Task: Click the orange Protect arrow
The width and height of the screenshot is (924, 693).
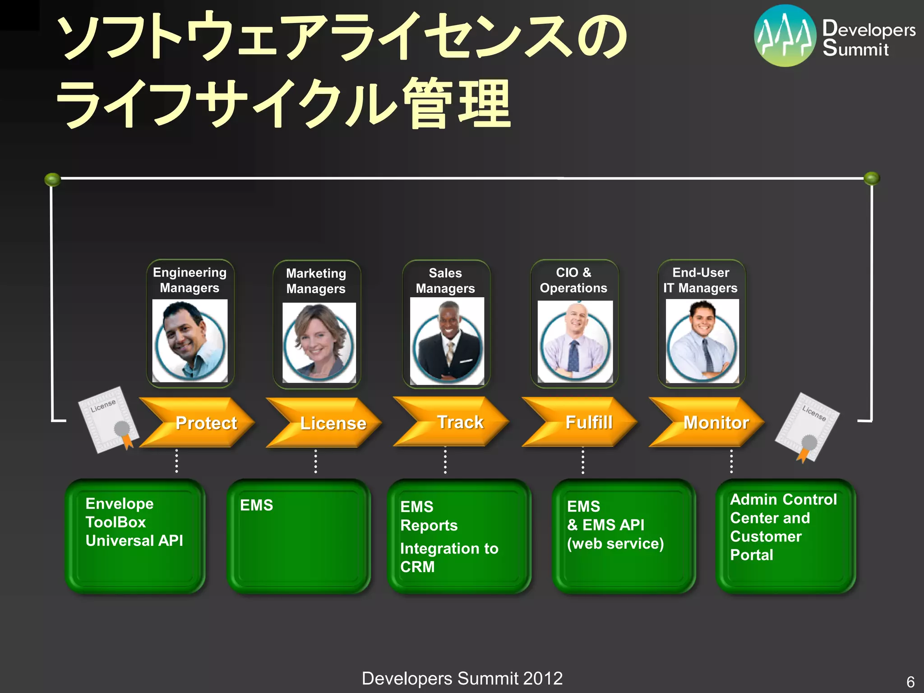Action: click(199, 423)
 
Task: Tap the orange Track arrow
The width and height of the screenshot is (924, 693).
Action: click(453, 422)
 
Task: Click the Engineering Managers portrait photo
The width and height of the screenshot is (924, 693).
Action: click(190, 341)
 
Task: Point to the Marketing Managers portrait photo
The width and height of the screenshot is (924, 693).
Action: click(319, 342)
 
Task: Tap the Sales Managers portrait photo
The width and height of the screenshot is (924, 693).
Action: click(447, 341)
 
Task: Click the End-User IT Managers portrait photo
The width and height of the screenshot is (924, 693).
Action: click(702, 341)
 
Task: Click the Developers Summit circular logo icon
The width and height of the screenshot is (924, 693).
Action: click(785, 36)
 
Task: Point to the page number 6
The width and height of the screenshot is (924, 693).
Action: click(910, 681)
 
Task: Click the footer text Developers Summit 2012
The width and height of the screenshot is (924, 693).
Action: click(462, 679)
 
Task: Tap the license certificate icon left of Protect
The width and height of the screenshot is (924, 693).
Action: click(108, 420)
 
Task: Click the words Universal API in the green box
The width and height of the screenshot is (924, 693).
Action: click(134, 541)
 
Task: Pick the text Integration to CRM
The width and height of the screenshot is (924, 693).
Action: click(449, 558)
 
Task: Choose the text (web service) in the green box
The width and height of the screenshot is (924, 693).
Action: click(615, 544)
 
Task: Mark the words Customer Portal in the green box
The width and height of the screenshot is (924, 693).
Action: click(766, 545)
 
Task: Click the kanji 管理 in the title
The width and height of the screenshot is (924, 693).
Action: click(457, 104)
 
